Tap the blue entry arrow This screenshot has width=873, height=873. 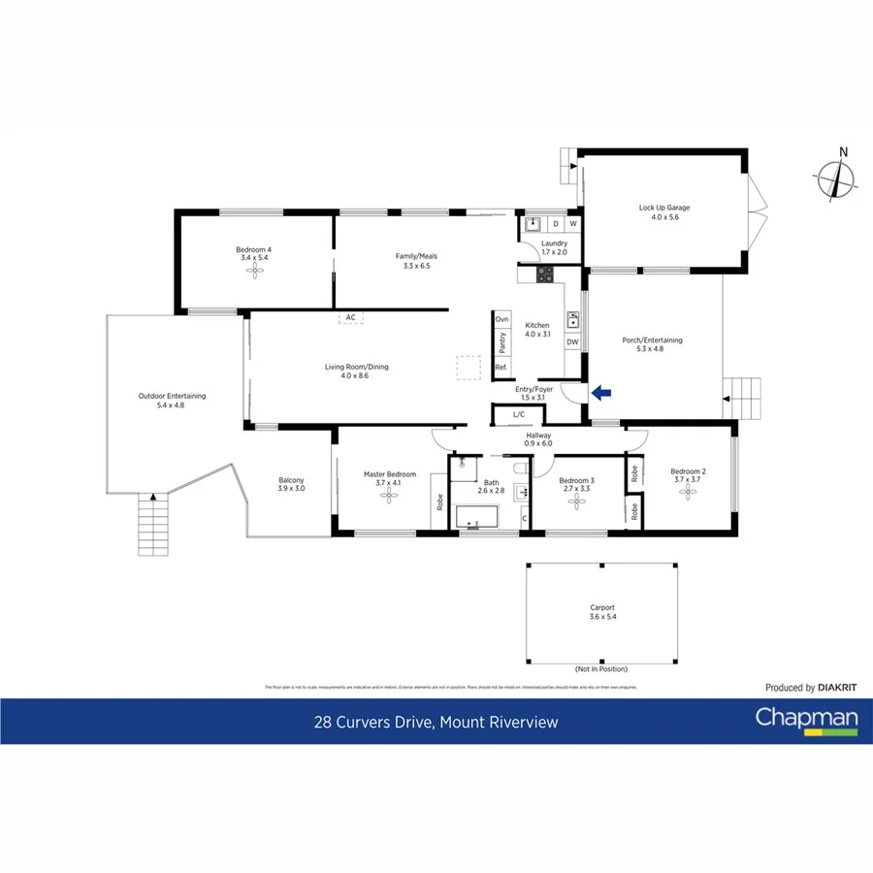coord(601,393)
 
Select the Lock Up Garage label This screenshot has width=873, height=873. coord(664,208)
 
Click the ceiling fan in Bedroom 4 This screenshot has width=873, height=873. coord(254,273)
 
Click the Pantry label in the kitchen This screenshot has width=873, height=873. coord(501,342)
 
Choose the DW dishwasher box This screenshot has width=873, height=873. coord(572,341)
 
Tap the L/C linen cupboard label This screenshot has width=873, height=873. coord(518,415)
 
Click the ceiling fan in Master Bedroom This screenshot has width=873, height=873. coord(390,496)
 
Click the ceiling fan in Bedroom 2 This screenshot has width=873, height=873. coord(689,492)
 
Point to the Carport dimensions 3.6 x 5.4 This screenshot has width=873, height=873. coord(602,617)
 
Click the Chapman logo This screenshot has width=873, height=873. coord(806,720)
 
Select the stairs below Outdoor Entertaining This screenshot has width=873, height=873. coord(153,525)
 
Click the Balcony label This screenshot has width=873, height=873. coord(291,480)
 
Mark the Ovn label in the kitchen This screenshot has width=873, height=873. coord(501,319)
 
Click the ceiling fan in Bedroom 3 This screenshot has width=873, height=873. coord(577,501)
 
